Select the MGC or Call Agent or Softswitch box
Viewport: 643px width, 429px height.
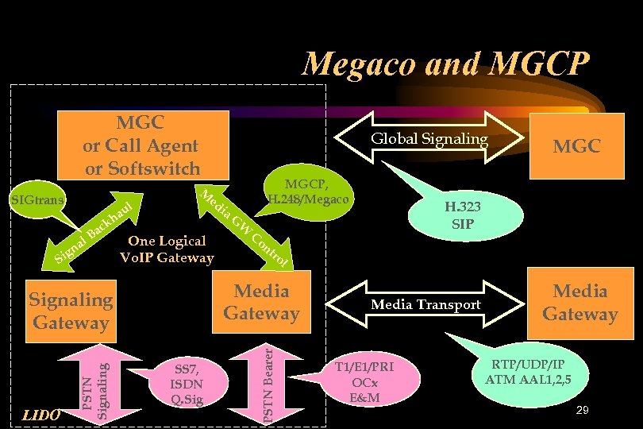(x=142, y=145)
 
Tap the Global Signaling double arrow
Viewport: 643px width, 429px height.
(x=429, y=139)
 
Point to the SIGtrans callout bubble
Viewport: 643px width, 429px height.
(x=38, y=197)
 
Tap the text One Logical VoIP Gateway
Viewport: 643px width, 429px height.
(x=167, y=249)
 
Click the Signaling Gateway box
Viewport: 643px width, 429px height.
(x=71, y=311)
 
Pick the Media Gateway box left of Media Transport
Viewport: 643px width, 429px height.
(x=261, y=302)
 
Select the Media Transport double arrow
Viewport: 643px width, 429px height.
(x=425, y=304)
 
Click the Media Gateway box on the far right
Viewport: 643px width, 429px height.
(x=579, y=303)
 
